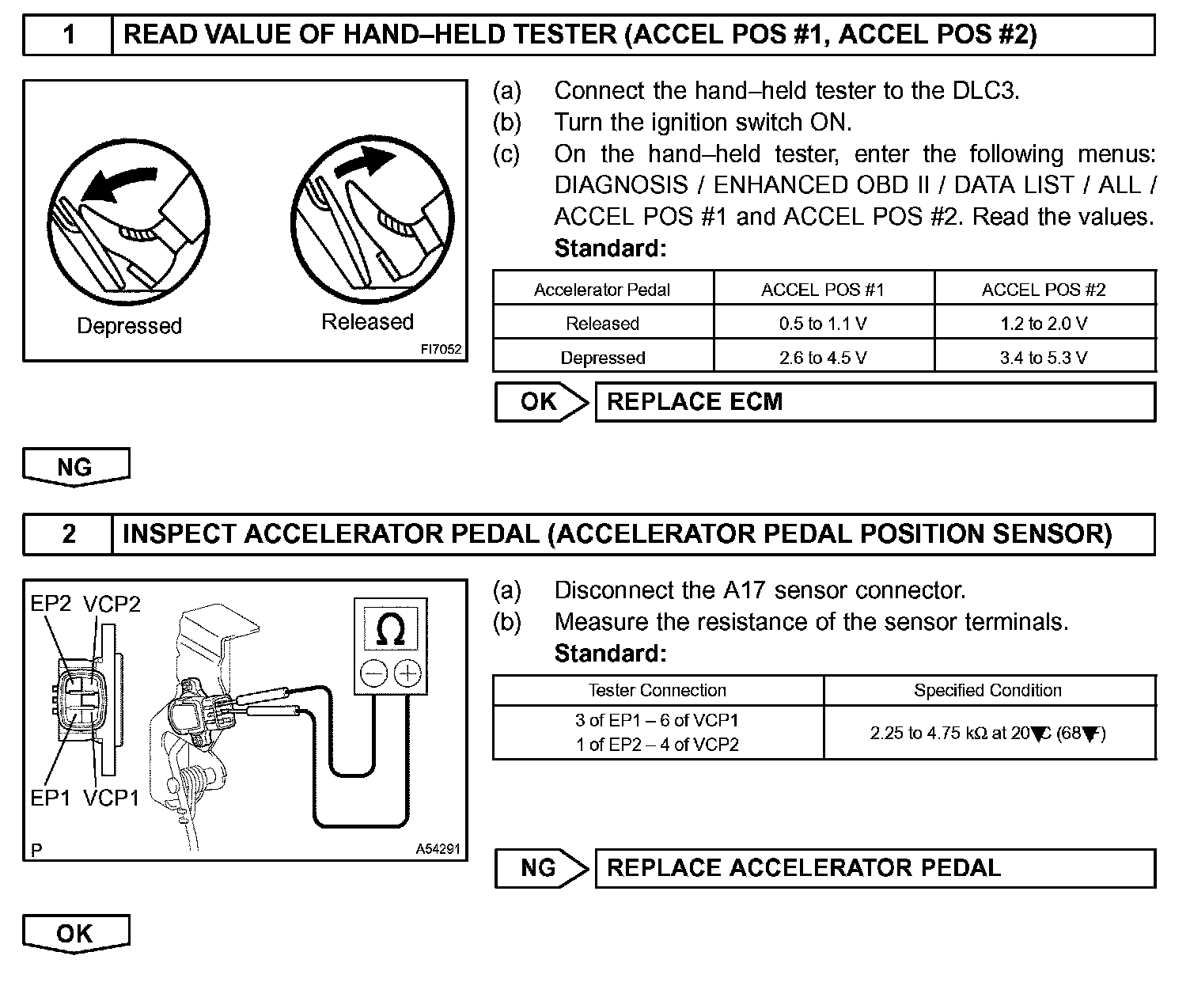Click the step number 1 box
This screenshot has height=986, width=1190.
point(68,35)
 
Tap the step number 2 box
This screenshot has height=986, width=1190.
point(68,534)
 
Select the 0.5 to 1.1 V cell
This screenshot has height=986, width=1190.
point(823,324)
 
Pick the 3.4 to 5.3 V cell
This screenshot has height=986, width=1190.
point(1044,358)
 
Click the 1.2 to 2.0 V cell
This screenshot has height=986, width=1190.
point(1044,324)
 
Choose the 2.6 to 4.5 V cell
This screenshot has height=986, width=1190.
point(823,358)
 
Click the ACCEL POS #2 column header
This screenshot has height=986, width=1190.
point(1044,290)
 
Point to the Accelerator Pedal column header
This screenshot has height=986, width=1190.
point(602,290)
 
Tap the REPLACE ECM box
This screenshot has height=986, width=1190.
point(874,402)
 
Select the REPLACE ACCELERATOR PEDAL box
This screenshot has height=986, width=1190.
point(874,868)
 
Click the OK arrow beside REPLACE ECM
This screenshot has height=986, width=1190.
point(540,402)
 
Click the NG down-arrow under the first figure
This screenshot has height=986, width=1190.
point(75,467)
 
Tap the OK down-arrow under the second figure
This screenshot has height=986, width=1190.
point(75,934)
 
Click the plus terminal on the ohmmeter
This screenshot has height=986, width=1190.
point(407,673)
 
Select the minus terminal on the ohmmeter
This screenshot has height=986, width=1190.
point(373,673)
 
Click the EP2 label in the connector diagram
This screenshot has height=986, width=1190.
point(51,605)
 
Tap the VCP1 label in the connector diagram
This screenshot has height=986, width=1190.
point(112,798)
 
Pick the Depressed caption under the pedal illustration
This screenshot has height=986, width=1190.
point(129,326)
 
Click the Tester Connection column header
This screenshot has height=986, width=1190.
point(657,690)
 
